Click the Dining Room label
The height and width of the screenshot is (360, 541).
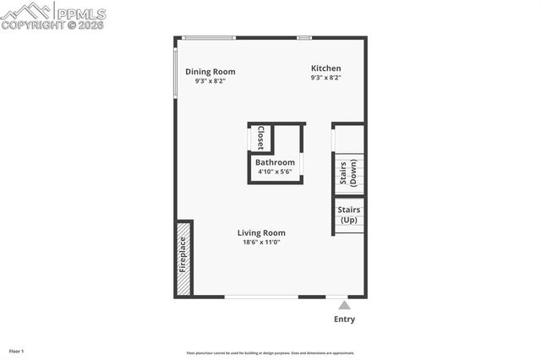(210, 72)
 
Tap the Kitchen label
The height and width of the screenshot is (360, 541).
(325, 68)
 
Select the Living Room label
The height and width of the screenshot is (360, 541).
(260, 232)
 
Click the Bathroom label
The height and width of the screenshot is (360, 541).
(276, 162)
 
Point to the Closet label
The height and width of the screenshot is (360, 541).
(260, 137)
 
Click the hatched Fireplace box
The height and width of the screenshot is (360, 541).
(183, 259)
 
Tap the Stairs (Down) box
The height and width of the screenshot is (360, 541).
(348, 172)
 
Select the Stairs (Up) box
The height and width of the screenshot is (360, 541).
(348, 215)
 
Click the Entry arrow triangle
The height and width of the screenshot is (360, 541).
(342, 304)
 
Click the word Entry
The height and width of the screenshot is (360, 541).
(344, 319)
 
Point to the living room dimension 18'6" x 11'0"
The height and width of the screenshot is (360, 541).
(260, 243)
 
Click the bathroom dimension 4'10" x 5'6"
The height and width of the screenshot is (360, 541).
(276, 172)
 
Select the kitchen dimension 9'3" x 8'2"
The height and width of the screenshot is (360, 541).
(325, 78)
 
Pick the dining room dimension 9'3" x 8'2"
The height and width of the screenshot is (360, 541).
(210, 81)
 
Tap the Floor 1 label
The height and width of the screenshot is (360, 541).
(16, 351)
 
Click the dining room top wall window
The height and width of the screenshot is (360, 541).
(209, 37)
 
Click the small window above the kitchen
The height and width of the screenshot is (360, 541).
(304, 37)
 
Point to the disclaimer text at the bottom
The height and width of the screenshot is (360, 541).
(270, 353)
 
